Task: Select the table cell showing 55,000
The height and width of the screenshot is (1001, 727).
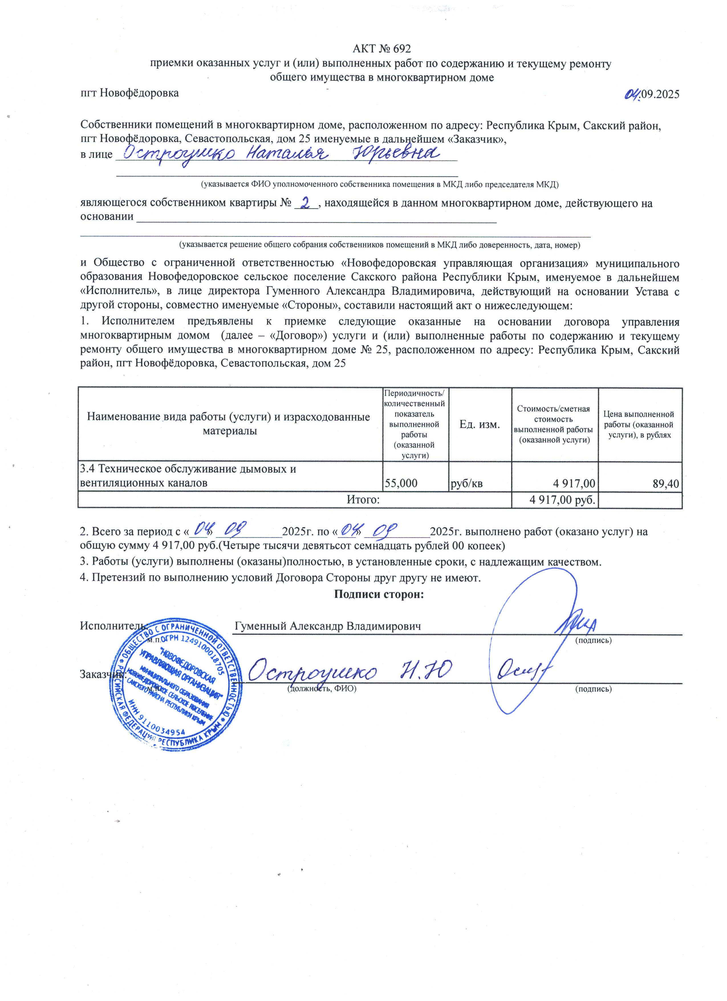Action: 401,483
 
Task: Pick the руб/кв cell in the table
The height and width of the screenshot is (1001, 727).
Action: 466,483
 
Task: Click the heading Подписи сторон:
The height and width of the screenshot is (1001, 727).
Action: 379,594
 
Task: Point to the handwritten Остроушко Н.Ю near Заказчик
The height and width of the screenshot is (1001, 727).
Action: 348,673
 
